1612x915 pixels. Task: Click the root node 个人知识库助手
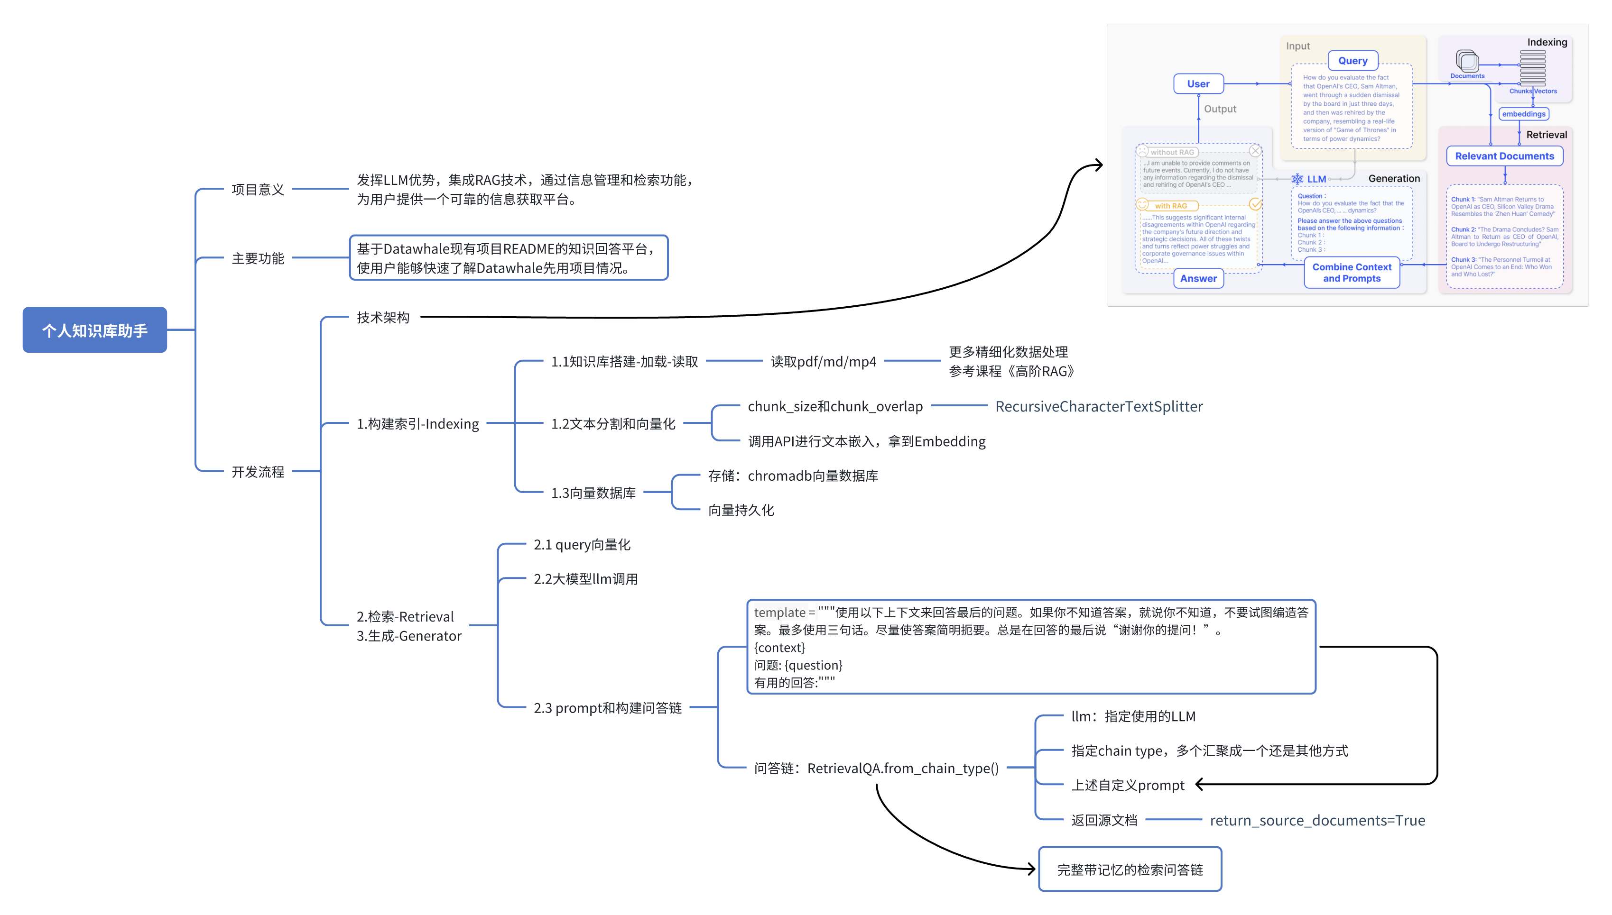pos(94,330)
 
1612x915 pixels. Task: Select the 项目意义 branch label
pos(258,189)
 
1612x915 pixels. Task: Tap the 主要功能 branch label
pos(258,258)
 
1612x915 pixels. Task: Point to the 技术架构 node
pos(383,317)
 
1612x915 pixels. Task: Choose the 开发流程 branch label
pos(258,471)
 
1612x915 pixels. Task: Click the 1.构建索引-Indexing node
pos(417,424)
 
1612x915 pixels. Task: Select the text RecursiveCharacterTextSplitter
pos(1098,407)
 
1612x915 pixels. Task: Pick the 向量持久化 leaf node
pos(741,510)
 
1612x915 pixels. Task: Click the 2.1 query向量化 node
pos(582,545)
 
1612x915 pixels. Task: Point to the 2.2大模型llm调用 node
pos(585,579)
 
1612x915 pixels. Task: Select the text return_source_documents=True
pos(1317,820)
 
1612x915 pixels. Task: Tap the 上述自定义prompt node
pos(1127,785)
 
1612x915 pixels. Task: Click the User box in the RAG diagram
pos(1198,83)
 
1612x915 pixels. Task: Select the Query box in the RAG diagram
pos(1353,60)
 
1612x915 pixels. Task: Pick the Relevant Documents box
pos(1504,156)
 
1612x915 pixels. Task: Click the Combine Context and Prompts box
pos(1352,273)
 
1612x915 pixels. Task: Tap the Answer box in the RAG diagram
pos(1198,278)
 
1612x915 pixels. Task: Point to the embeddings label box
pos(1523,114)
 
